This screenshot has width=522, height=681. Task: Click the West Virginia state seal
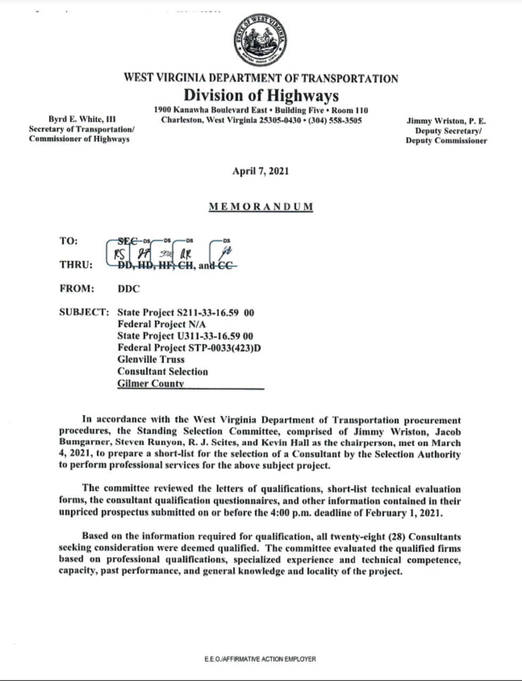[x=260, y=40]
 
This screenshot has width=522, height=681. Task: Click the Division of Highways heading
[x=261, y=95]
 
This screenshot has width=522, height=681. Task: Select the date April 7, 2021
[x=260, y=171]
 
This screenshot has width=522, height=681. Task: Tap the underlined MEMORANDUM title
[x=260, y=207]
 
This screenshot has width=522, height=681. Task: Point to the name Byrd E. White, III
[x=82, y=119]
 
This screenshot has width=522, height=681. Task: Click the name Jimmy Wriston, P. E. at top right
[x=446, y=121]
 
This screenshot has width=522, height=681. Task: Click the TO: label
[x=69, y=241]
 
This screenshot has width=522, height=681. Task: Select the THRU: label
[x=76, y=265]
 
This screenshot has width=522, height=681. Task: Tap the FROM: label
[x=76, y=289]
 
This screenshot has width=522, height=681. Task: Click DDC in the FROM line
[x=129, y=289]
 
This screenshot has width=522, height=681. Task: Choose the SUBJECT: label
[x=84, y=312]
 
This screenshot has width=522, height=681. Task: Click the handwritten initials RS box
[x=119, y=253]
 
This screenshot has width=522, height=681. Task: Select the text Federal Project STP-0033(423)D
[x=189, y=348]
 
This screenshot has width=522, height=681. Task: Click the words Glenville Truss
[x=151, y=360]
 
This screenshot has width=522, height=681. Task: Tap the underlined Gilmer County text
[x=151, y=384]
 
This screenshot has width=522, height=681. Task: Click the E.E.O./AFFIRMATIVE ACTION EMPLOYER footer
[x=260, y=659]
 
